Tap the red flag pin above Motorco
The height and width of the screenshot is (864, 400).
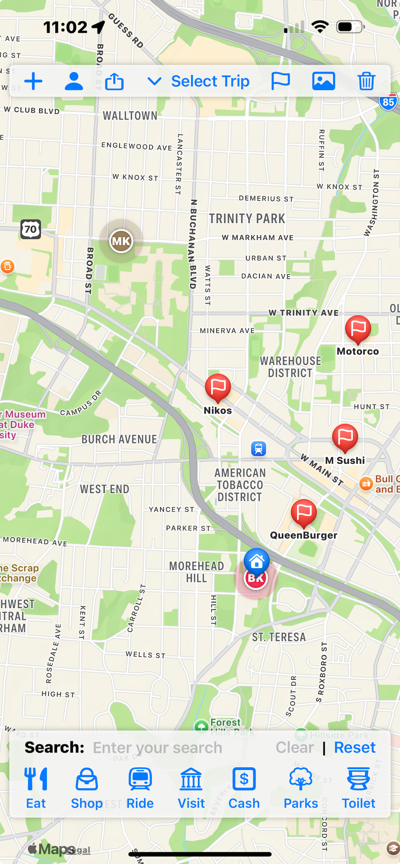coord(358,329)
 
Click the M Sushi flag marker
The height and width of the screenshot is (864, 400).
coord(345,437)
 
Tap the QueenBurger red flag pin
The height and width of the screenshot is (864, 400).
coord(304,512)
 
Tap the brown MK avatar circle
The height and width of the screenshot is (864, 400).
coord(121,241)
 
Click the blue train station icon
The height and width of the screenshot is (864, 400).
coord(258,448)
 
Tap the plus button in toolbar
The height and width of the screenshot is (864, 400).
coord(33,81)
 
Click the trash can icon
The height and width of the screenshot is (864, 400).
coord(366,81)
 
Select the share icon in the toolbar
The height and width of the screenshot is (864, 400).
coord(114,81)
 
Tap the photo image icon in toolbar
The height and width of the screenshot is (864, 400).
coord(323,81)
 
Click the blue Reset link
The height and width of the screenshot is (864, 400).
coord(354,747)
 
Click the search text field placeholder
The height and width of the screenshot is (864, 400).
coord(158,748)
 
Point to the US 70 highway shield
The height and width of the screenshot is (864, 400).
coord(31,230)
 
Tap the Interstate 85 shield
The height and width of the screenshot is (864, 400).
coord(388,102)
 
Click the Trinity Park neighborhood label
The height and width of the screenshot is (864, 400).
coord(247,219)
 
